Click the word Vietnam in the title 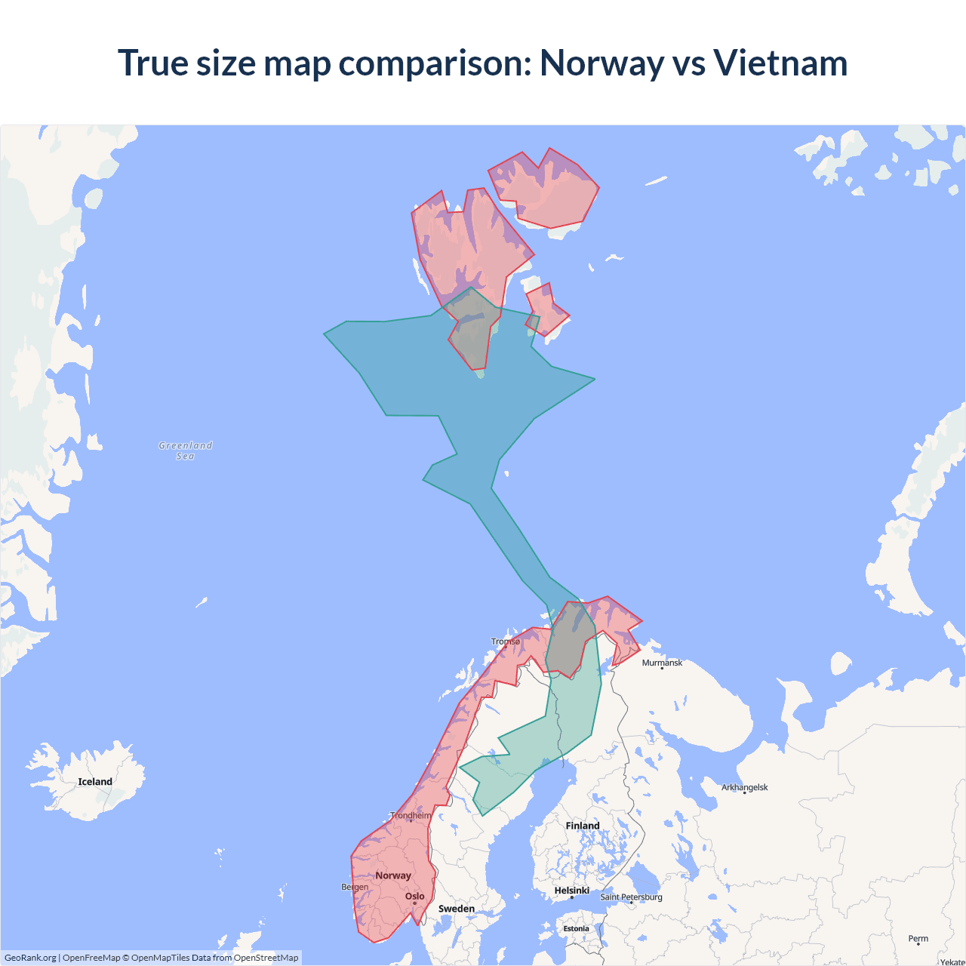(x=780, y=63)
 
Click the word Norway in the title (x=601, y=63)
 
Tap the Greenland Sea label (x=186, y=451)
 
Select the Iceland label (x=95, y=782)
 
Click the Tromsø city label (x=506, y=641)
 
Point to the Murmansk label (x=662, y=663)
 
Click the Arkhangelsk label (x=744, y=787)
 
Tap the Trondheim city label (x=411, y=815)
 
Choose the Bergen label (x=355, y=887)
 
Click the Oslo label (x=415, y=897)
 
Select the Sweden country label (x=457, y=909)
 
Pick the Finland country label (x=583, y=826)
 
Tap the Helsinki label (x=572, y=891)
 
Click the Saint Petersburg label (x=631, y=897)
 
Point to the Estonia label (x=576, y=929)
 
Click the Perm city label (x=918, y=939)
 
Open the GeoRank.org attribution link (x=30, y=958)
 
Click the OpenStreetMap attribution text (x=266, y=958)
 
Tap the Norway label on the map (x=393, y=875)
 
